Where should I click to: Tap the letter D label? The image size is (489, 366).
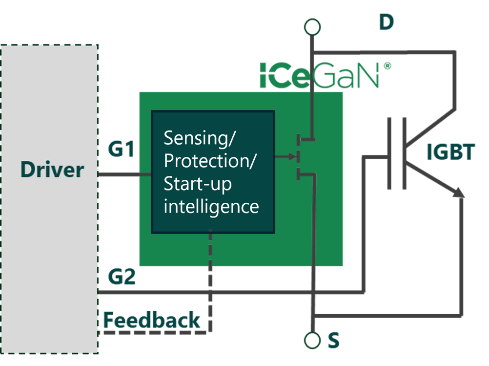387,22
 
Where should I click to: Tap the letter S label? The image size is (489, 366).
334,340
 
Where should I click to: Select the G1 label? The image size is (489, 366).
122,149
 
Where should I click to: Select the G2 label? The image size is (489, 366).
122,277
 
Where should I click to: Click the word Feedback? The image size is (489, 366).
152,320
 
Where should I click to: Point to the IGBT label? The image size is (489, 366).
450,152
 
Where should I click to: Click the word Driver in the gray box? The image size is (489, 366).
52,170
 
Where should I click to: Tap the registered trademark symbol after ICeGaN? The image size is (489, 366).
387,66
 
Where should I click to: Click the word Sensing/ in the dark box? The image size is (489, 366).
200,138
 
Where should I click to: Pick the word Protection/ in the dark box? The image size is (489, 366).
210,161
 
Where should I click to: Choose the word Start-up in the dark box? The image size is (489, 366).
198,184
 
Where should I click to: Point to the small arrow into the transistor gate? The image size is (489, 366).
286,156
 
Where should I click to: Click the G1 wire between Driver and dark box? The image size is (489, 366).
124,174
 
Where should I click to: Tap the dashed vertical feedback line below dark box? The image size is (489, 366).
210,281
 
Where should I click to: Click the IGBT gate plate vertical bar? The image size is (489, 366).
389,153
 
